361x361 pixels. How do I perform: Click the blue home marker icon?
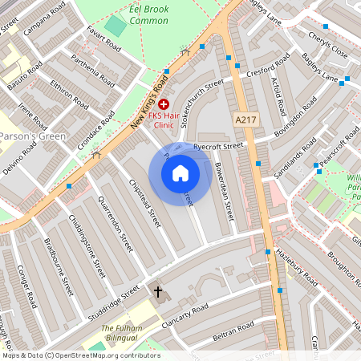180,172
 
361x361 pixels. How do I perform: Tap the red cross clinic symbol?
164,104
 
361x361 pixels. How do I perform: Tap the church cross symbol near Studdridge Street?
157,292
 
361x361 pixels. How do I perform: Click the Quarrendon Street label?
115,218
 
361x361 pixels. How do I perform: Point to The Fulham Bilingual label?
121,335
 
